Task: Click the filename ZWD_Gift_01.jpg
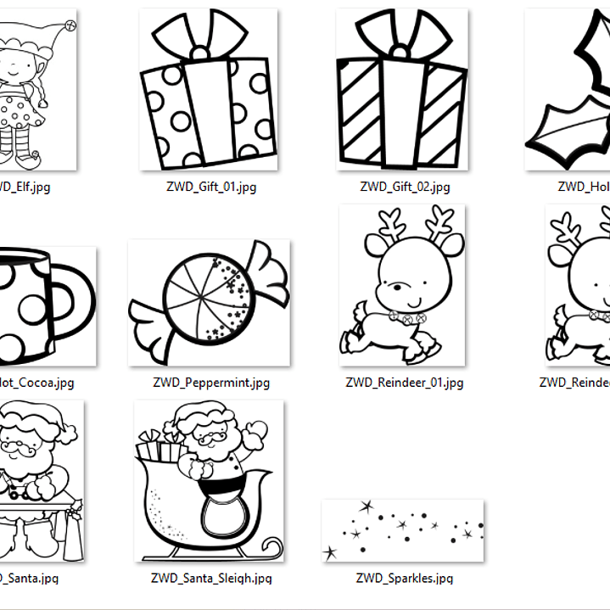(x=211, y=187)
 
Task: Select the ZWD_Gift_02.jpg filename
(x=405, y=187)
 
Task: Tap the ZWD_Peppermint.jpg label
(x=211, y=383)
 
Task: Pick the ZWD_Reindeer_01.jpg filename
(x=405, y=383)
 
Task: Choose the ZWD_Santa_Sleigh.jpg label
(x=211, y=579)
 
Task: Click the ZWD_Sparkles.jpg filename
(x=405, y=579)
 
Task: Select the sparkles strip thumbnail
(x=402, y=530)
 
